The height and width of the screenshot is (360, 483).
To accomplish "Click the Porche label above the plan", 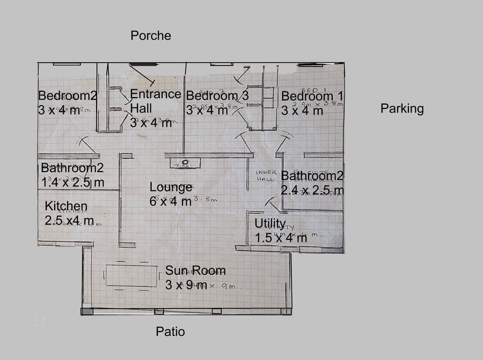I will pyautogui.click(x=151, y=35).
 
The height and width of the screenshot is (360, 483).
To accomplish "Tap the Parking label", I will pyautogui.click(x=402, y=108).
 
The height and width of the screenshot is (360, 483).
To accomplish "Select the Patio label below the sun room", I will pyautogui.click(x=170, y=332).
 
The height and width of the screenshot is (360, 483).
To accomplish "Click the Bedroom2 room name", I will pyautogui.click(x=68, y=95).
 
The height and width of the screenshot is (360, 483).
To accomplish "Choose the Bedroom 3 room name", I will pyautogui.click(x=217, y=95).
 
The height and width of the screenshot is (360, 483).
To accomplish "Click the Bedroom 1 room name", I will pyautogui.click(x=312, y=96).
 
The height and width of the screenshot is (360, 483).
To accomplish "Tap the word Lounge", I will pyautogui.click(x=171, y=187).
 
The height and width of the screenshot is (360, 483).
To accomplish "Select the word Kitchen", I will pyautogui.click(x=66, y=206).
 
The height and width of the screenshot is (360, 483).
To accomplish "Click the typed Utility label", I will pyautogui.click(x=270, y=223).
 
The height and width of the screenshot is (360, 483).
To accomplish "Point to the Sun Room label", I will pyautogui.click(x=195, y=270).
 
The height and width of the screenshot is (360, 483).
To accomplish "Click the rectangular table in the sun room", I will pyautogui.click(x=131, y=276).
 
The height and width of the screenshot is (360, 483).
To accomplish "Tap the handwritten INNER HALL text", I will pyautogui.click(x=266, y=175).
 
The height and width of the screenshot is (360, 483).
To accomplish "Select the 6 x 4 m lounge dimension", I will pyautogui.click(x=171, y=202).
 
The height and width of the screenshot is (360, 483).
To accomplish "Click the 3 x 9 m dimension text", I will pyautogui.click(x=186, y=285).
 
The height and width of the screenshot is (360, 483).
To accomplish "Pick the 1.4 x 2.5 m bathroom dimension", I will pyautogui.click(x=72, y=182).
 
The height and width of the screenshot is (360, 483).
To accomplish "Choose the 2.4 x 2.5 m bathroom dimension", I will pyautogui.click(x=312, y=190).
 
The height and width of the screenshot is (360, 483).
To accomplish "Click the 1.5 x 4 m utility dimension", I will pyautogui.click(x=281, y=237).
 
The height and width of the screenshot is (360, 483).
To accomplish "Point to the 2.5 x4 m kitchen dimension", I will pyautogui.click(x=69, y=221).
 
